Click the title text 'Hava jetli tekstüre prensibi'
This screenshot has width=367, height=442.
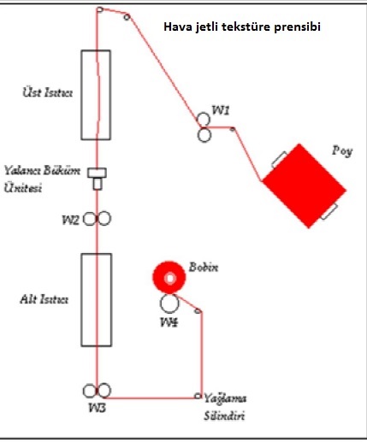point(242,27)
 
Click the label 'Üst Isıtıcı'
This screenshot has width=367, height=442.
point(48,92)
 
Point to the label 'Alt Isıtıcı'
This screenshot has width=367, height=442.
point(44,299)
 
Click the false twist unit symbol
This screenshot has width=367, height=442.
point(98,179)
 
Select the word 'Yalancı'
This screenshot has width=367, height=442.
point(21,171)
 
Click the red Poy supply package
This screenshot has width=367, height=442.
point(304,186)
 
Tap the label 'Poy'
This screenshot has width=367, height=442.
point(342,151)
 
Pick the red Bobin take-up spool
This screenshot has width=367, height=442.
point(169,278)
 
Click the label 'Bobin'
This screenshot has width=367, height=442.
point(204,268)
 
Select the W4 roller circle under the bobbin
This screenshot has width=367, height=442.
point(169,304)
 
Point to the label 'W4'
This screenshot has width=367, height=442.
point(169,322)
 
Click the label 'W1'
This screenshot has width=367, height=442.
point(221,110)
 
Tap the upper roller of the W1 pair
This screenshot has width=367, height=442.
point(204,119)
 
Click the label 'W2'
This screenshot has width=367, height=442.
point(70,220)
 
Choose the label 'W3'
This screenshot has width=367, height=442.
point(98,408)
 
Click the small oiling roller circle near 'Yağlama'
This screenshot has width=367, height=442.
point(198,396)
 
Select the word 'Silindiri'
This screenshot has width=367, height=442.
point(224,416)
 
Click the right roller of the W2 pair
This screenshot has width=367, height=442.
point(104,219)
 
